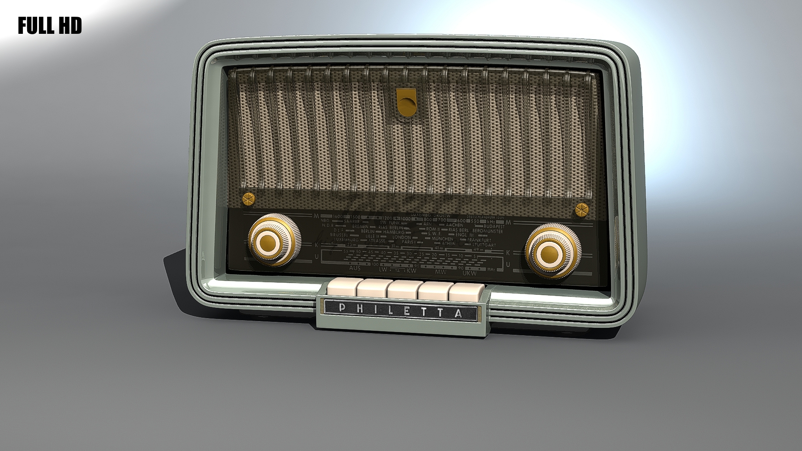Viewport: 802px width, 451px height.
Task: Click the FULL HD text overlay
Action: [x=50, y=26]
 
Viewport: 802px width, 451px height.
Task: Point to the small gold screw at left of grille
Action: [x=249, y=199]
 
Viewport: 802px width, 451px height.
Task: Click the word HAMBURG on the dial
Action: [x=394, y=232]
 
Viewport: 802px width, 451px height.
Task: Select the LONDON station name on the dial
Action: [x=402, y=237]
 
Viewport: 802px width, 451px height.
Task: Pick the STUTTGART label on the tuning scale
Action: [x=484, y=245]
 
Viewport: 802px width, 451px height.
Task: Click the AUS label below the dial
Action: [x=355, y=268]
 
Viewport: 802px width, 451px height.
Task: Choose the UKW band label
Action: [x=470, y=273]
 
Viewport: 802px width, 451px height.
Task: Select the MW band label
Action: [x=441, y=272]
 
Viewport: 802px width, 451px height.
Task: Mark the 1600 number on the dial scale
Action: [x=338, y=216]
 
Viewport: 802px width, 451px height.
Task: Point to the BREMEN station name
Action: [x=360, y=226]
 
